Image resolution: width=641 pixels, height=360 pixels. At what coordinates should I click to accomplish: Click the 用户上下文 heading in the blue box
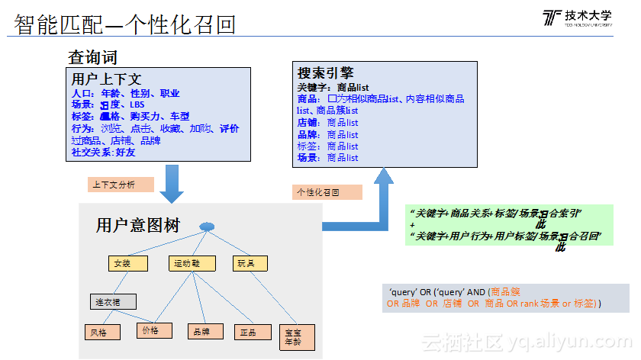click(106, 79)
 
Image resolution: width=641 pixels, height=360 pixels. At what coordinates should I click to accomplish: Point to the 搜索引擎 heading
click(324, 73)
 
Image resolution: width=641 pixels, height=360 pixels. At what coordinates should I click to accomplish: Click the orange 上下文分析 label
click(116, 185)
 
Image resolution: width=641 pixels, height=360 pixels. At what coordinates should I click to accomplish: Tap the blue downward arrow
click(172, 182)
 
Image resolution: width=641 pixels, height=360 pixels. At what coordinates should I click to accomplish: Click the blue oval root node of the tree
click(207, 227)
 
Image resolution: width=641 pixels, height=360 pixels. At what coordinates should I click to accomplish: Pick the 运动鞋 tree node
click(188, 263)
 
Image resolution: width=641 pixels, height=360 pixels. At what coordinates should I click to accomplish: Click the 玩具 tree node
click(246, 263)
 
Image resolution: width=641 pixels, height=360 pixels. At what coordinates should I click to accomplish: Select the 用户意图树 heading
click(137, 225)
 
